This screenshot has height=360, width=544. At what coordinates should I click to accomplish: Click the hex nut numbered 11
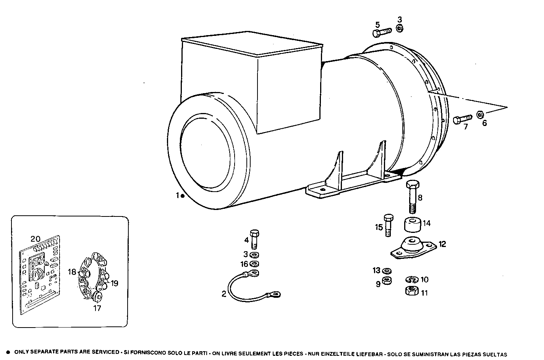[411, 291]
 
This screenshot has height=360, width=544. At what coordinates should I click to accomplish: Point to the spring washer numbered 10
[411, 280]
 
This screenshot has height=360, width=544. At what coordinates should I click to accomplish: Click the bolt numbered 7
[461, 119]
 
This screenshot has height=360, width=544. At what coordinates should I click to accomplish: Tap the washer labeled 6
[481, 114]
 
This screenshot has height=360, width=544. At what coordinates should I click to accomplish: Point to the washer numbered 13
[387, 271]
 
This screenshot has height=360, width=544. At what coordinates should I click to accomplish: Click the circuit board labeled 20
[39, 275]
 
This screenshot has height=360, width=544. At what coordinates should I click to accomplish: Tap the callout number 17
[97, 308]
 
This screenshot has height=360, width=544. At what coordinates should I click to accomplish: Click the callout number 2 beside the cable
[223, 294]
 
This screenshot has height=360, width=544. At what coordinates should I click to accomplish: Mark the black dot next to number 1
[183, 196]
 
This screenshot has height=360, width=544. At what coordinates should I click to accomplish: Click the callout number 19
[114, 283]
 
